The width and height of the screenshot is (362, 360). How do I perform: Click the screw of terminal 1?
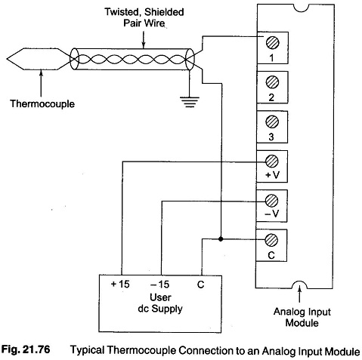tap(272, 42)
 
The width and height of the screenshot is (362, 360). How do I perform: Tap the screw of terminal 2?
tap(272, 82)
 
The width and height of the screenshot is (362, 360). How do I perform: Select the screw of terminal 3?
tap(272, 122)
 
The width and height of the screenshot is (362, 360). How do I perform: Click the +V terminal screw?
tap(272, 161)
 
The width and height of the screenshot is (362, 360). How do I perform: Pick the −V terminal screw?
tap(271, 201)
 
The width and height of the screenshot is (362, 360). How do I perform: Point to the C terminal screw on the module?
tap(271, 240)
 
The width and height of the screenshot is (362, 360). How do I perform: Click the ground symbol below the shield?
tap(190, 102)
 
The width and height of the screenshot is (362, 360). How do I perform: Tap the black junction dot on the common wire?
tap(221, 239)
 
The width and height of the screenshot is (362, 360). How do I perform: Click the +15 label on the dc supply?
tap(120, 285)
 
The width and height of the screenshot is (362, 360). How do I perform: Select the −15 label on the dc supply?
tap(159, 285)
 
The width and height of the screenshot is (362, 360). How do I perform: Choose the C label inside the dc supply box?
tap(200, 285)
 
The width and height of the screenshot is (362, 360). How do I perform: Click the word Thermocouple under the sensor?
tap(42, 103)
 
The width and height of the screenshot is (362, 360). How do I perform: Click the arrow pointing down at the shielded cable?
tap(144, 39)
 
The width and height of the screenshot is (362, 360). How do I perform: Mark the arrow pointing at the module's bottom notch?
tap(299, 294)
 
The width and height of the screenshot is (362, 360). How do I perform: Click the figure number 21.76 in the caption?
tap(36, 349)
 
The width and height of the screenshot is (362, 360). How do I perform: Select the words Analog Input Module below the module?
tap(302, 317)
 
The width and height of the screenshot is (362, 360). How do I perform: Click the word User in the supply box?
tap(160, 297)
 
